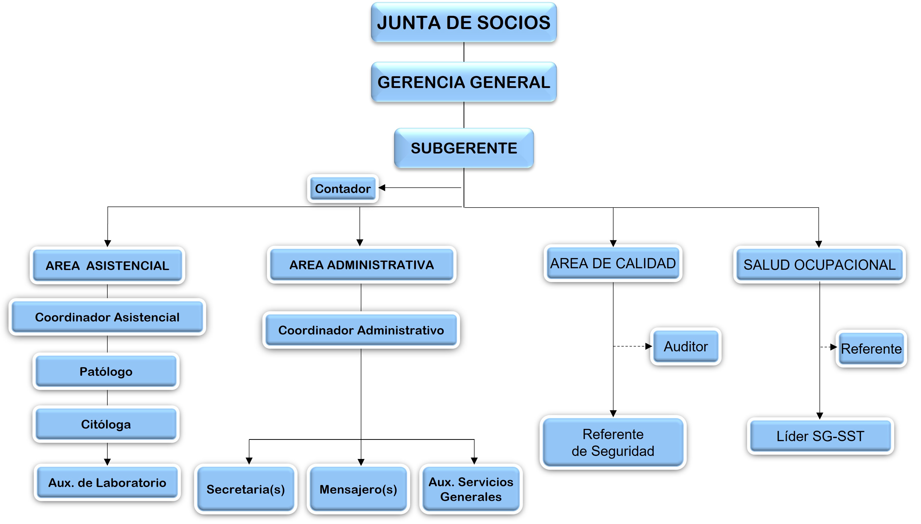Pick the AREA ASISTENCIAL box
pos(107,265)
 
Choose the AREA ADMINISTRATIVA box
pos(361,264)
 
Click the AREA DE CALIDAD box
pos(613,263)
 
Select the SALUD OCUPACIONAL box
pos(819,264)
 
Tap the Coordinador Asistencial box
pos(107,317)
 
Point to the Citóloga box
pos(106,424)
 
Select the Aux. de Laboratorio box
pos(107,482)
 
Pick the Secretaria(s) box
pos(246,489)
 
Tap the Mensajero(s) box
pos(358,489)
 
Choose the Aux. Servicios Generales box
pos(471,489)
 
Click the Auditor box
pos(686,346)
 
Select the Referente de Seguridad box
pos(613,442)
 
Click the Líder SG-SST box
pos(820,436)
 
